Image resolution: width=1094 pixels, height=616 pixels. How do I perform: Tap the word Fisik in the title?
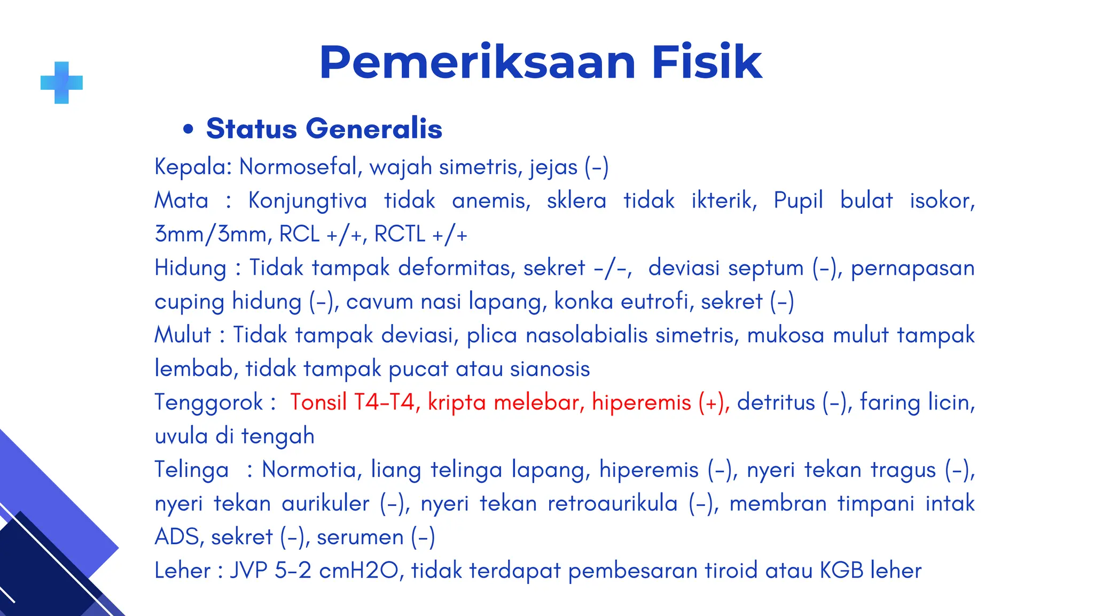point(706,63)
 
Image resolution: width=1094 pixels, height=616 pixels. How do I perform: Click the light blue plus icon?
point(62,82)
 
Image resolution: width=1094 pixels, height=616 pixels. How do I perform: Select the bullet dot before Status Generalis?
point(187,129)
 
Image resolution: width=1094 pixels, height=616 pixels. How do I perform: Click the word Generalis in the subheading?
point(373,129)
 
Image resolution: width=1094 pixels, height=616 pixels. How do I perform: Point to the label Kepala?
point(190,167)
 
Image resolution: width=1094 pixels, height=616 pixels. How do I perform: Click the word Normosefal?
point(297,167)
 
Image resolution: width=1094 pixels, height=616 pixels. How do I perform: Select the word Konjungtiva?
point(307,201)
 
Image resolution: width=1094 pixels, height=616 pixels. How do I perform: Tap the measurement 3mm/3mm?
point(210,234)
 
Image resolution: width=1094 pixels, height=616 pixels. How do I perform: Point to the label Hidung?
point(190,268)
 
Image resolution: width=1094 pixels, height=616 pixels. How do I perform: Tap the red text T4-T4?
point(384,402)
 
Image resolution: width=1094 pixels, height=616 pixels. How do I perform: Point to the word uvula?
point(181,436)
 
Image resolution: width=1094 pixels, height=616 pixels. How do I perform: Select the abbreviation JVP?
point(248,571)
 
